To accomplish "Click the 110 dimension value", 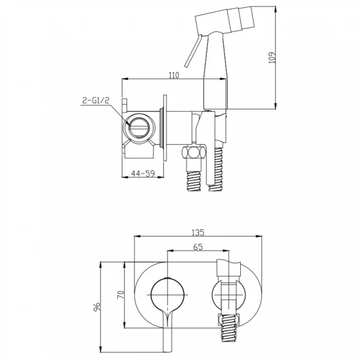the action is coord(174,75).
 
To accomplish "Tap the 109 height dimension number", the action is coord(272,57).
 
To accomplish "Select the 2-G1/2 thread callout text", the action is coord(96,100).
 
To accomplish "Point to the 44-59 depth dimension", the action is coord(143,174).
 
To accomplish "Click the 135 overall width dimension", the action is coord(198,232).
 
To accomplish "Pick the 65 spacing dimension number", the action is coord(198,247).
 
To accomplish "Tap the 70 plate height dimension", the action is coord(121,295).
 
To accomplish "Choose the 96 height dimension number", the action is coord(97,307).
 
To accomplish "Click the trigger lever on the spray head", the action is coord(193,51).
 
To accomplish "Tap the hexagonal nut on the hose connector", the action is coord(194,152).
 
